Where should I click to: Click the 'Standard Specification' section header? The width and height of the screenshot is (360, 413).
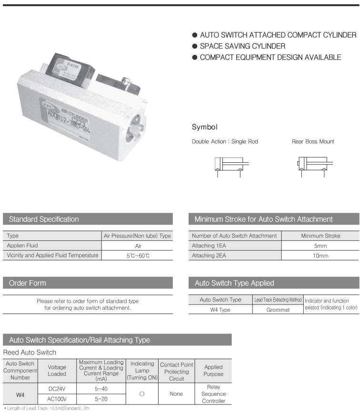tap(44, 219)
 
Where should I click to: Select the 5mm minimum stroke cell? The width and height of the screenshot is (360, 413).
tap(320, 246)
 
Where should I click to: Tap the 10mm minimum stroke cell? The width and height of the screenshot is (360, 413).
tap(320, 256)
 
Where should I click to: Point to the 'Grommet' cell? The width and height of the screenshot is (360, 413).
tap(278, 310)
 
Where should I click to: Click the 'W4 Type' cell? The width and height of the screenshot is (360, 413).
tap(220, 310)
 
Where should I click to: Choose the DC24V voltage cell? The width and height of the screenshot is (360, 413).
tap(57, 389)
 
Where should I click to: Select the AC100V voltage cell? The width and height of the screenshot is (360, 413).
tap(57, 399)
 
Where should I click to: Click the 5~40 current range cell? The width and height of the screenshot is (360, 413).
tap(101, 389)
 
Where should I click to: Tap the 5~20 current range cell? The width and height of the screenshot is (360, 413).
tap(101, 399)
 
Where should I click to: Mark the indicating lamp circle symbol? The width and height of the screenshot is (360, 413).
tap(142, 394)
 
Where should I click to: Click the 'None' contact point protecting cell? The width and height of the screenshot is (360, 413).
tap(176, 394)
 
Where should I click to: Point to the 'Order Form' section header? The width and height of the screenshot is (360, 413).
tap(28, 283)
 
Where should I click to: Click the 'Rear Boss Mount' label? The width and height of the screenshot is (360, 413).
tap(313, 141)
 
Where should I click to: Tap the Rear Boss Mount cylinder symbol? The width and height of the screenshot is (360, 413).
tap(312, 166)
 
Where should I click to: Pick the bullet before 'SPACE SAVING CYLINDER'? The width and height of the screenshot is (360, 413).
tap(194, 46)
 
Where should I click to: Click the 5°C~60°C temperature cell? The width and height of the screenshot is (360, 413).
tap(138, 256)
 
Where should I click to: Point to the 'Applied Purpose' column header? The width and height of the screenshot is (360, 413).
tap(213, 371)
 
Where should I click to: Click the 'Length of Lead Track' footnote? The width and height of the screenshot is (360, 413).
tap(46, 408)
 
